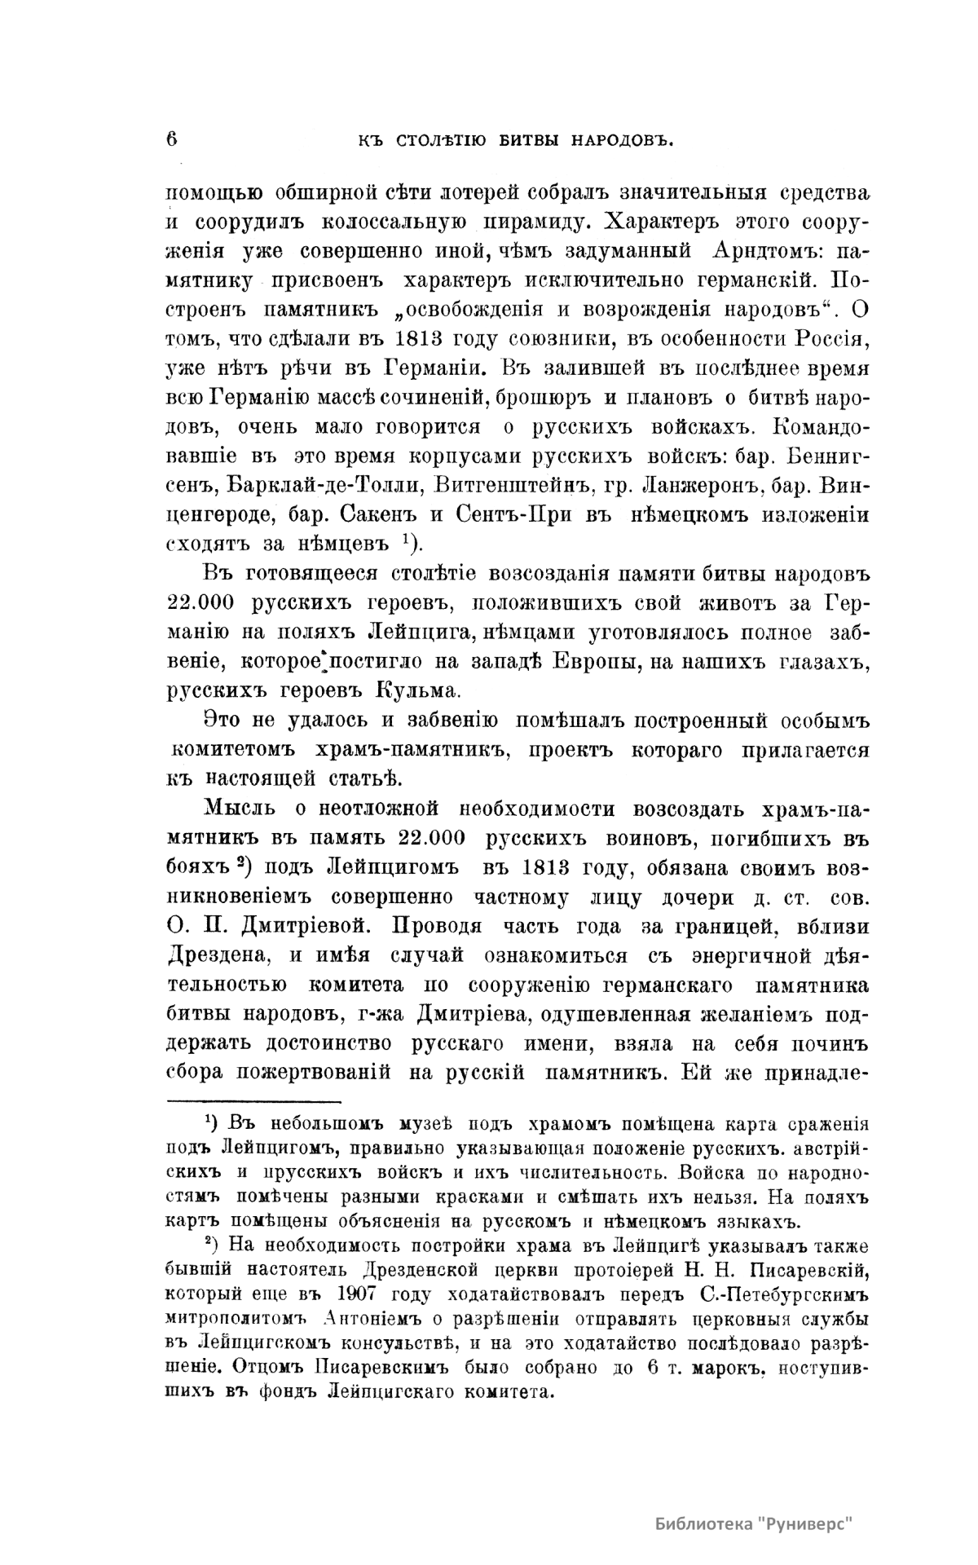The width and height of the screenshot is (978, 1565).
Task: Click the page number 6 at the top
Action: [x=172, y=138]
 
